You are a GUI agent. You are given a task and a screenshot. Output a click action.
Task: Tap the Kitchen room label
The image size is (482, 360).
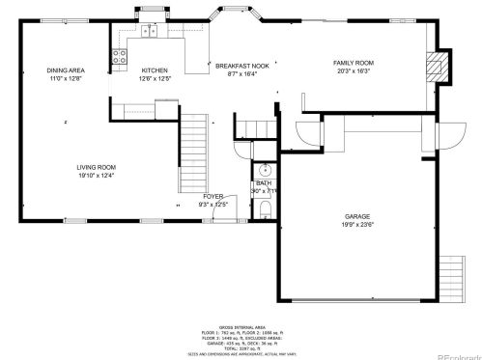[155, 70]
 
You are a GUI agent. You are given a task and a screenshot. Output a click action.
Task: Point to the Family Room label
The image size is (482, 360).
[354, 65]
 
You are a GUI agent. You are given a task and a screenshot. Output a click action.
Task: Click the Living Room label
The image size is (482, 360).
[96, 167]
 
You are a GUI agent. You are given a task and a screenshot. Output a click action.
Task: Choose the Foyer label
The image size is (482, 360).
[213, 196]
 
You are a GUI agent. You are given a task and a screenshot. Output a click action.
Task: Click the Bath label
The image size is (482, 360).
[264, 183]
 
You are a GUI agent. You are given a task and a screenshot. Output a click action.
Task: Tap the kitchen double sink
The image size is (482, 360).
[151, 31]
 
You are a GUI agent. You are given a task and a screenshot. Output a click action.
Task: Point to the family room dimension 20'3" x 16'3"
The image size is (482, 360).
[354, 71]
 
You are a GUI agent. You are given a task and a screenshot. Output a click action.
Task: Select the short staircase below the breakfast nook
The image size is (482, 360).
[255, 127]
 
